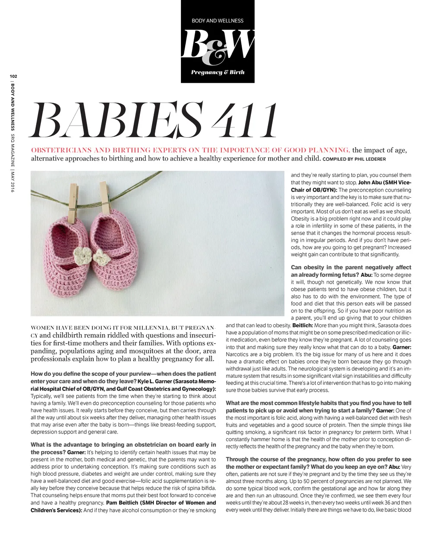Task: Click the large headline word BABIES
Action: [x=117, y=120]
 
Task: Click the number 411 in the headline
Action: [x=244, y=120]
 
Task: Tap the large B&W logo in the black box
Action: [x=218, y=45]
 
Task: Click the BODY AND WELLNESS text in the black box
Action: [x=218, y=21]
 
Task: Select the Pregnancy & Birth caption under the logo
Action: [x=218, y=72]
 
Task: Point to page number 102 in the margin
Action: [x=13, y=76]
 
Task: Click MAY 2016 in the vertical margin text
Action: [x=13, y=181]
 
